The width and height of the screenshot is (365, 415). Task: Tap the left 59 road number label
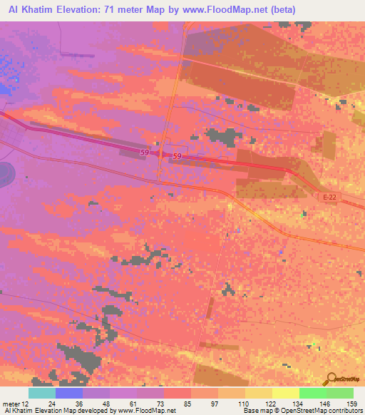tap(145, 152)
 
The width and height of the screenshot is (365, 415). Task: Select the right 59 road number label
tap(178, 156)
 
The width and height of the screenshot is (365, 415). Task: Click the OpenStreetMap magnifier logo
tap(332, 379)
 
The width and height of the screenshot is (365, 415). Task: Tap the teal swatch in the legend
tap(41, 393)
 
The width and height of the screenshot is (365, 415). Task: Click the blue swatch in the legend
tap(68, 393)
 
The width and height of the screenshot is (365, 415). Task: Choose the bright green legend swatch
tap(313, 393)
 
